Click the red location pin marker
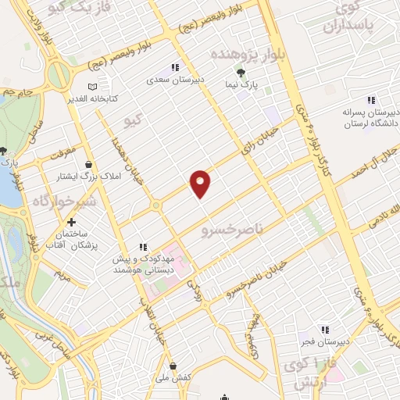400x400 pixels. pos(201,183)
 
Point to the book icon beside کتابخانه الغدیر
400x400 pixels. pos(94,86)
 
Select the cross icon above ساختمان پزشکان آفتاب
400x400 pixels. pos(71,223)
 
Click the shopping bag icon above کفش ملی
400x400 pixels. pos(173,366)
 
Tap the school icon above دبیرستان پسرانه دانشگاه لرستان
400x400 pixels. pos(370,100)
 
